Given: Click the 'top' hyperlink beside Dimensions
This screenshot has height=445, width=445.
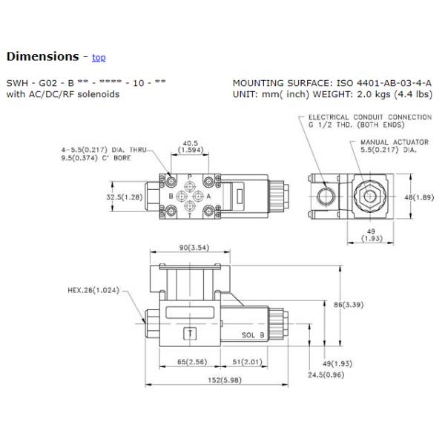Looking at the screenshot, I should [x=99, y=57].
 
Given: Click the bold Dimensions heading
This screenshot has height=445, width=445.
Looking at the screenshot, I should [x=42, y=56].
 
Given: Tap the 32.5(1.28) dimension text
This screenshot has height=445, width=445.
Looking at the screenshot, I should [x=125, y=197].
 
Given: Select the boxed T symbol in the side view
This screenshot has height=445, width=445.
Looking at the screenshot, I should [x=191, y=333].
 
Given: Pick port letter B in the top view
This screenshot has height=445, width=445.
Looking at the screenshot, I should [x=170, y=196].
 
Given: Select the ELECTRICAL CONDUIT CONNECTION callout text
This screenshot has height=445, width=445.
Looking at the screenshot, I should [x=369, y=121].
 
